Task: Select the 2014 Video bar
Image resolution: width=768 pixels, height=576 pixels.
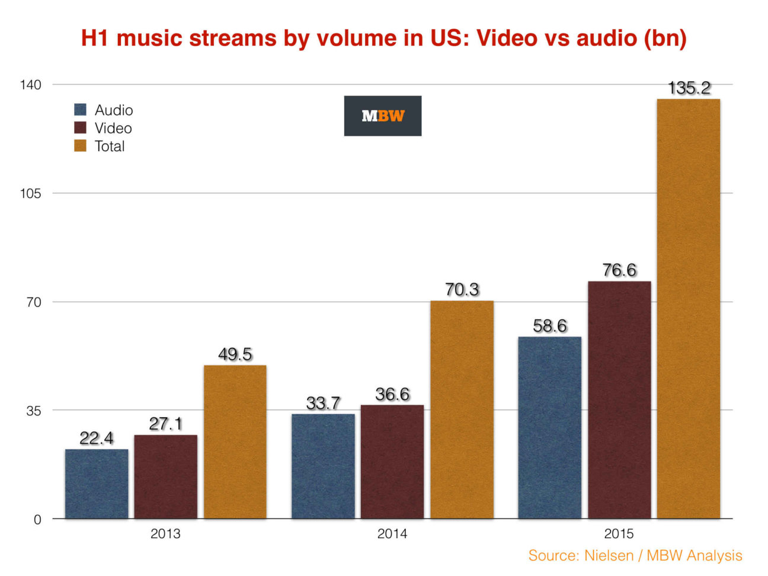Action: [x=392, y=462]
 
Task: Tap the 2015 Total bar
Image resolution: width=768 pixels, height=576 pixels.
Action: [x=688, y=308]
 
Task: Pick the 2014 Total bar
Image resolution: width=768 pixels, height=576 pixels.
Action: [x=462, y=409]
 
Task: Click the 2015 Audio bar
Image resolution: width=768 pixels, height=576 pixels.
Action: [x=549, y=427]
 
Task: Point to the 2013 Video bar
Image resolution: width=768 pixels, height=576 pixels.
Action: [x=165, y=476]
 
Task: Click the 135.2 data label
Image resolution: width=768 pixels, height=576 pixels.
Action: [x=689, y=88]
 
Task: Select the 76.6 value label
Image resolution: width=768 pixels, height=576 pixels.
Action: [x=619, y=270]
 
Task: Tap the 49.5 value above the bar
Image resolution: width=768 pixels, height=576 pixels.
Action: [x=235, y=354]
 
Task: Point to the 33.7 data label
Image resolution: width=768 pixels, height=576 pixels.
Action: [x=323, y=403]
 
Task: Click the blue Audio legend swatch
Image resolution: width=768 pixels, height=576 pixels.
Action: [x=81, y=110]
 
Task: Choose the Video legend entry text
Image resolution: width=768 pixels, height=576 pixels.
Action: [x=113, y=128]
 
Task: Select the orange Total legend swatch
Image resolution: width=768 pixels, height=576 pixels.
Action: [x=81, y=146]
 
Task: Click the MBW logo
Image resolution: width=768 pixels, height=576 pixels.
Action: [x=383, y=116]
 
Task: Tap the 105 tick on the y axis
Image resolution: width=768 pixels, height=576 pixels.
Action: [x=30, y=194]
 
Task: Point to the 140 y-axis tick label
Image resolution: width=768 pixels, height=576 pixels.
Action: [x=30, y=85]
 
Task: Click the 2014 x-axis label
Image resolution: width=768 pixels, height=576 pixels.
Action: [x=392, y=534]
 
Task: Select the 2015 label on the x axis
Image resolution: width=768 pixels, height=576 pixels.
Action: [x=619, y=534]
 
